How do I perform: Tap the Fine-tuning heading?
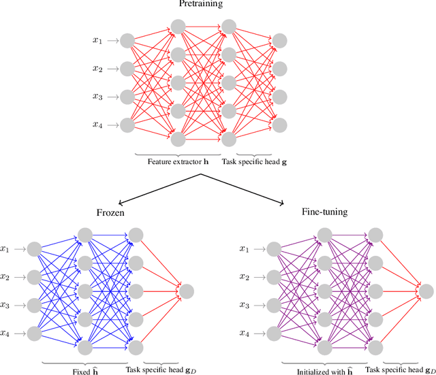point(324,212)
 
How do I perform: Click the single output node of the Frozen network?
point(185,291)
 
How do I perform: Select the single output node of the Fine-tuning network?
point(426,291)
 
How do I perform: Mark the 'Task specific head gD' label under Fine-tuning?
point(399,369)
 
